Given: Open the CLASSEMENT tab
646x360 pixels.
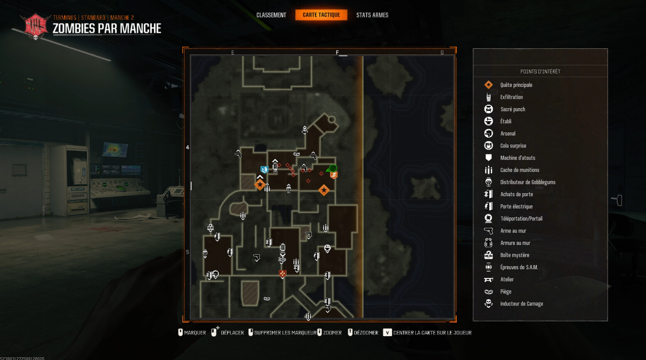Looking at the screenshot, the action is (271, 15).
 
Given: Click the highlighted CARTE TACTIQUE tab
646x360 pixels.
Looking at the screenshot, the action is (321, 15).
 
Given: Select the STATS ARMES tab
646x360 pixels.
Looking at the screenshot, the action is (372, 15).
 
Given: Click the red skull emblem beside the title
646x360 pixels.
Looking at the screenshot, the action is (36, 26).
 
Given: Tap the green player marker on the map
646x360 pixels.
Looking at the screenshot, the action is (332, 168).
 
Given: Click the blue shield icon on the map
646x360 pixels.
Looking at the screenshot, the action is (264, 170).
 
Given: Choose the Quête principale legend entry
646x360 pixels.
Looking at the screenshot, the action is (516, 85).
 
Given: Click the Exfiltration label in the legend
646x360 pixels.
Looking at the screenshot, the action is (511, 97).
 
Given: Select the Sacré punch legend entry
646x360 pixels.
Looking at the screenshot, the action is (512, 109).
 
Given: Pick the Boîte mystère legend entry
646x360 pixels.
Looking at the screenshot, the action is (514, 255).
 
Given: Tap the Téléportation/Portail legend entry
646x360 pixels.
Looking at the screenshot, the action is (521, 219).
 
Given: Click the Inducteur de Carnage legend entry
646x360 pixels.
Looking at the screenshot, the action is (521, 304).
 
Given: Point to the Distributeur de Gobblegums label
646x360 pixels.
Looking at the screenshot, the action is (527, 182).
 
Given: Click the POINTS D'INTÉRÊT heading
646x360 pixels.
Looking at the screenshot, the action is (540, 71).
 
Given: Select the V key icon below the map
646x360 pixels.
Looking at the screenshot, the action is (387, 333).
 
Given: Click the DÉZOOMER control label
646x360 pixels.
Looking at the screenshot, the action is (366, 333).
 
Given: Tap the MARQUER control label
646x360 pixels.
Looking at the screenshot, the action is (195, 333).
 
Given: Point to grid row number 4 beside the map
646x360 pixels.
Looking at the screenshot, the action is (188, 147).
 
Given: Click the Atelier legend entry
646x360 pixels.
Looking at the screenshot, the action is (507, 280).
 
